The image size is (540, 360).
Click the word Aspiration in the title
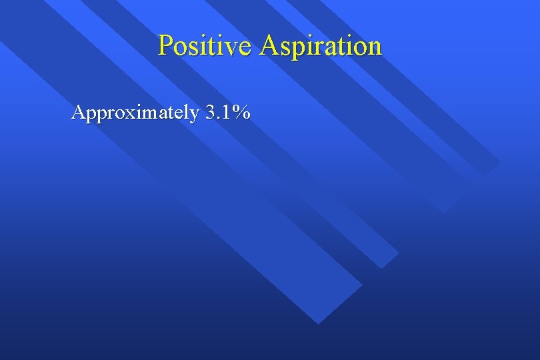point(321,46)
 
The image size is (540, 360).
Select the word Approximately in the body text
point(135,113)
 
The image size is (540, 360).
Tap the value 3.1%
point(228,113)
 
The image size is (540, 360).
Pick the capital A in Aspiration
point(269,45)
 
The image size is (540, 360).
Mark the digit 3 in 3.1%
point(211,113)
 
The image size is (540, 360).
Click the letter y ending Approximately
point(193,116)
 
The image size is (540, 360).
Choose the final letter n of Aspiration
point(375,48)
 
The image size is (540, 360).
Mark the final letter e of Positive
point(246,48)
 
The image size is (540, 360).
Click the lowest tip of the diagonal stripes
point(319,323)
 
